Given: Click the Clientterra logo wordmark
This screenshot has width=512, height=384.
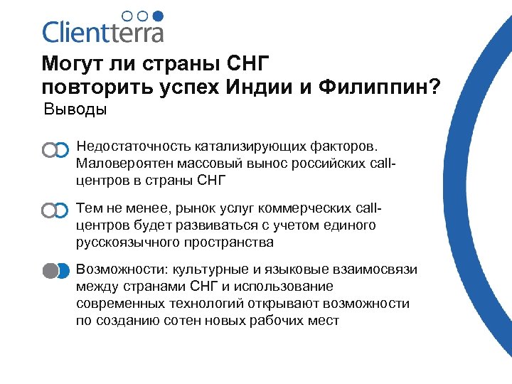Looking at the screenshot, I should [102, 33].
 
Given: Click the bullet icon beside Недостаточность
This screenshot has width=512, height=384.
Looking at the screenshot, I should [55, 149].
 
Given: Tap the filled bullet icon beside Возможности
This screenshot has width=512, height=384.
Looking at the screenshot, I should [55, 271].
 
